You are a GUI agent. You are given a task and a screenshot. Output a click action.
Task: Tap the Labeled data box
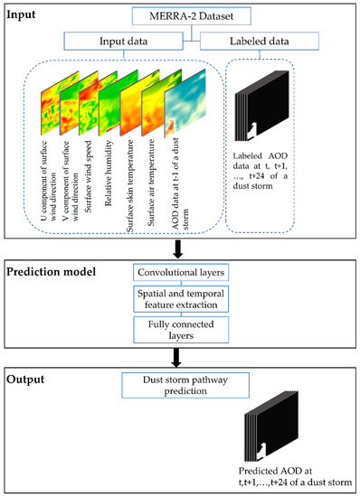point(275,41)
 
